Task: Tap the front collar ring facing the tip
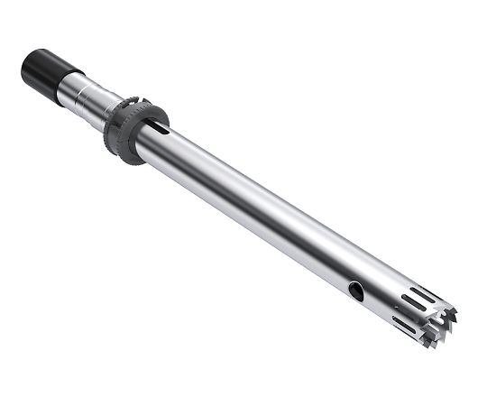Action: point(159,121)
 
